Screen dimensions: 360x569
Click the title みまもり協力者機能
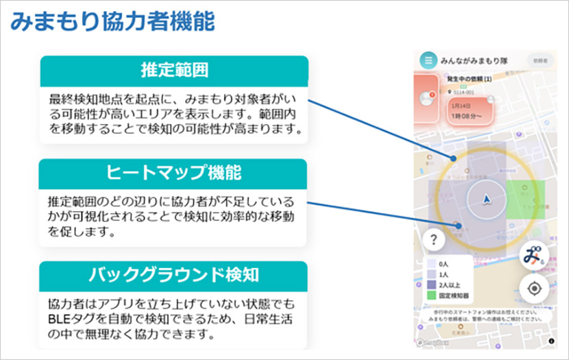(x=113, y=21)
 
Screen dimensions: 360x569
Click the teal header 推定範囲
(x=174, y=71)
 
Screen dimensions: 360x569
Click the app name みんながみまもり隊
(x=474, y=60)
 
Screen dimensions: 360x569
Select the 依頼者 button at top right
(x=540, y=60)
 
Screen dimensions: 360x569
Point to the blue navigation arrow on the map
(x=486, y=199)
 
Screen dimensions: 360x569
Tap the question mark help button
(x=434, y=240)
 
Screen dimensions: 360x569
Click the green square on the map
(x=527, y=198)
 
